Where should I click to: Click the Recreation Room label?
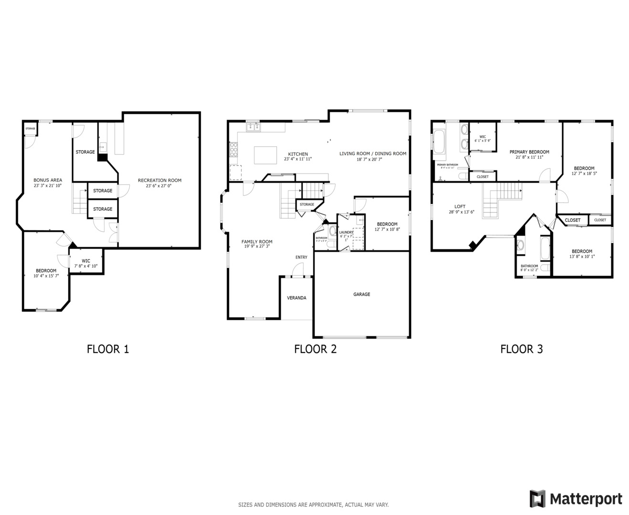pyautogui.click(x=159, y=180)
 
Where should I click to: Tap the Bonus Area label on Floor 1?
pyautogui.click(x=48, y=180)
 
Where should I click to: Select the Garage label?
pyautogui.click(x=361, y=294)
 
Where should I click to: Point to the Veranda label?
pyautogui.click(x=296, y=298)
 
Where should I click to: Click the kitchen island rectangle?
pyautogui.click(x=265, y=155)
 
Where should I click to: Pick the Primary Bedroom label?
pyautogui.click(x=529, y=152)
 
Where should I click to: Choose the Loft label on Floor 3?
pyautogui.click(x=460, y=206)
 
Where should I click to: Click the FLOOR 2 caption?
pyautogui.click(x=315, y=349)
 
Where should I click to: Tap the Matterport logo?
pyautogui.click(x=576, y=499)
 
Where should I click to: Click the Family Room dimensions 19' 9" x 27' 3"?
pyautogui.click(x=257, y=247)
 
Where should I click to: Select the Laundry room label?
pyautogui.click(x=346, y=232)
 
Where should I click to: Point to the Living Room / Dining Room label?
pyautogui.click(x=373, y=154)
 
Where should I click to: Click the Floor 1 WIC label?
pyautogui.click(x=86, y=261)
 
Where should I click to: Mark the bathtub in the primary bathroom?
pyautogui.click(x=439, y=142)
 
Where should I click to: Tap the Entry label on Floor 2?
pyautogui.click(x=301, y=257)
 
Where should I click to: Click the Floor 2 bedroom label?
pyautogui.click(x=387, y=224)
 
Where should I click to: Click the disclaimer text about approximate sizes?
pyautogui.click(x=314, y=505)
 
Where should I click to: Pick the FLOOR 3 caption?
pyautogui.click(x=521, y=349)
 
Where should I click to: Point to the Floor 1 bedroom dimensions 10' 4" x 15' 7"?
pyautogui.click(x=46, y=276)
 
